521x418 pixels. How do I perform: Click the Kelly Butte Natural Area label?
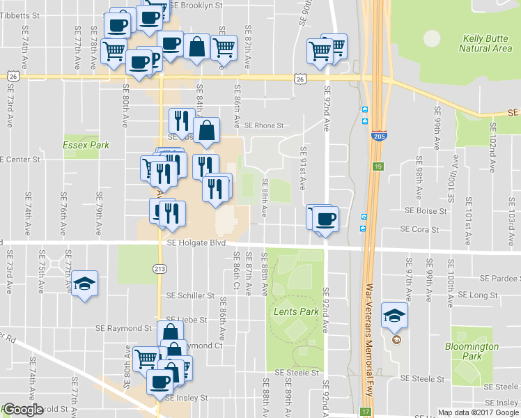pyautogui.click(x=485, y=43)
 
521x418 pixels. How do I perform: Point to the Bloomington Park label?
pyautogui.click(x=472, y=351)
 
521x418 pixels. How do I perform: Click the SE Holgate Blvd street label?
pyautogui.click(x=197, y=242)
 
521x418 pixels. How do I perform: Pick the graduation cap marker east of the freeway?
pyautogui.click(x=394, y=315)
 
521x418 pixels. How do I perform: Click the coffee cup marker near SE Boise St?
pyautogui.click(x=325, y=219)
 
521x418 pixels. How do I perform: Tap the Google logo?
pyautogui.click(x=22, y=410)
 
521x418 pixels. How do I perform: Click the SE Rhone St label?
pyautogui.click(x=265, y=126)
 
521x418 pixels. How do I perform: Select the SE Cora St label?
pyautogui.click(x=419, y=229)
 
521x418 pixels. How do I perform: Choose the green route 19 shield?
pyautogui.click(x=378, y=167)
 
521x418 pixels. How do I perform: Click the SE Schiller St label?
pyautogui.click(x=189, y=295)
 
